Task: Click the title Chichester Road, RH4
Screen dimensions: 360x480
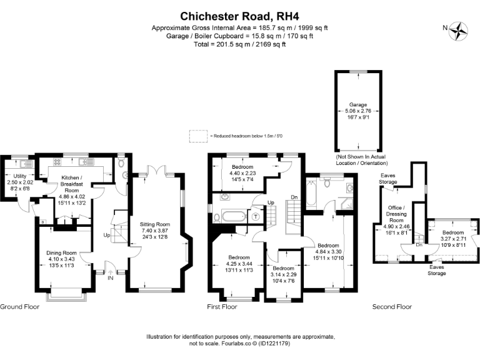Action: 240,15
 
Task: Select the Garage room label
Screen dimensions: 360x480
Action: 358,104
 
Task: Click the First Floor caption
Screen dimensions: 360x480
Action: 222,307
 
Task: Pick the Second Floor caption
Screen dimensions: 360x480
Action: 392,307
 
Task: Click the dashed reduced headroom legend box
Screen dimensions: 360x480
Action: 198,135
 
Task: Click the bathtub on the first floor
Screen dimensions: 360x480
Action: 234,217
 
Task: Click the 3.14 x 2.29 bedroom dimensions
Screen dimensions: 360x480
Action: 284,274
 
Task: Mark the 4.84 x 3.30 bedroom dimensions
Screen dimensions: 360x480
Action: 328,251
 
